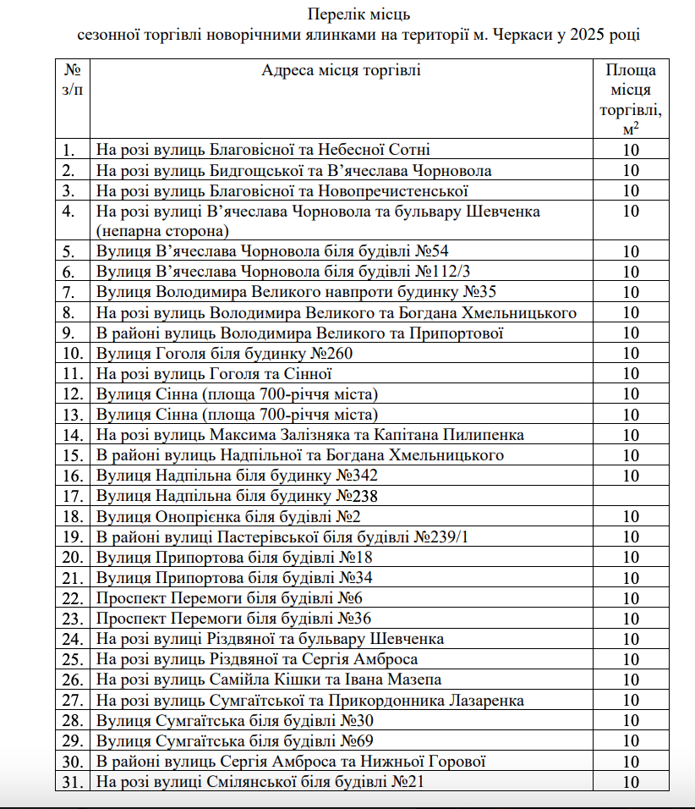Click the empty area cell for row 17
631,496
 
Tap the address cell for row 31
260,781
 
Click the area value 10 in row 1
631,150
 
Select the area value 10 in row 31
631,781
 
